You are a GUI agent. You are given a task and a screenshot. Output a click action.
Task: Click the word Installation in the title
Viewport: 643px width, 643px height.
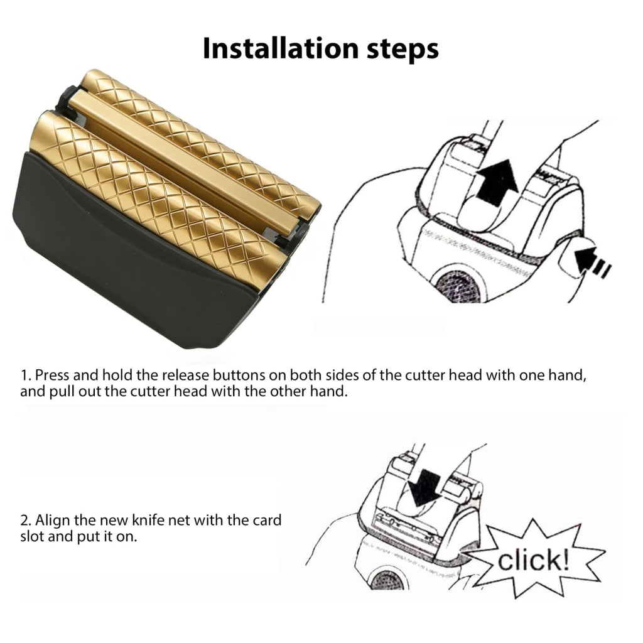click(281, 48)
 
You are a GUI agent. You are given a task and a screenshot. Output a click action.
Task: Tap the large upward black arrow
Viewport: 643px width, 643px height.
click(496, 182)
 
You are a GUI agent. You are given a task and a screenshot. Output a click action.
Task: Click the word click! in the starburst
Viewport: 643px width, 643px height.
click(534, 560)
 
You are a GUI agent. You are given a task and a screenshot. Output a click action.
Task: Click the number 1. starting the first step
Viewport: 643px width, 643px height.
click(26, 375)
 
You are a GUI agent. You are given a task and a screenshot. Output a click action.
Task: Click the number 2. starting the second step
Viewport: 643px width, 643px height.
click(26, 520)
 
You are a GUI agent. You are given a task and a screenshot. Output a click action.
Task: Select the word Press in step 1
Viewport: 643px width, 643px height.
click(51, 375)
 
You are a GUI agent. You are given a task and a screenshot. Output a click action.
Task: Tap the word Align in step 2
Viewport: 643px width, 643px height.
click(53, 520)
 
